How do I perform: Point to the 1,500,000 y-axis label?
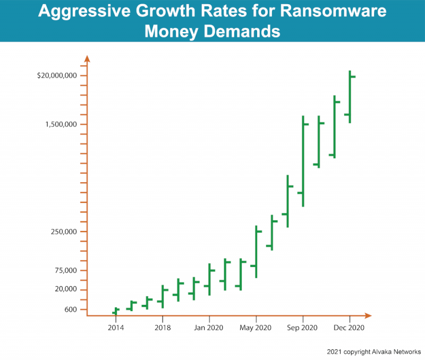(x=62, y=124)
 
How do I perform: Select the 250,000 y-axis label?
(x=65, y=232)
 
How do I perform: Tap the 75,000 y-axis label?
(x=66, y=270)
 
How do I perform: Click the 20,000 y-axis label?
(x=66, y=289)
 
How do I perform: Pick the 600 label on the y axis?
(x=71, y=310)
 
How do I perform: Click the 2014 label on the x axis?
(x=116, y=328)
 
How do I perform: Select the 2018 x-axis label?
(x=163, y=328)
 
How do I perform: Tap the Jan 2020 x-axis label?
(x=209, y=328)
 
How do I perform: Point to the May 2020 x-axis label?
(x=256, y=328)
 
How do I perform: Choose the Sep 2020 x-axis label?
(x=303, y=328)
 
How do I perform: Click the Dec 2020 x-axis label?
(x=350, y=328)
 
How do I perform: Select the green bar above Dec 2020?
(x=350, y=97)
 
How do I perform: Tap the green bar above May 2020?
(x=256, y=252)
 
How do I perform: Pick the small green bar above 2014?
(x=116, y=311)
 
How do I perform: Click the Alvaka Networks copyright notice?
(x=374, y=352)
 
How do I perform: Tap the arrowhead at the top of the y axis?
(x=87, y=58)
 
